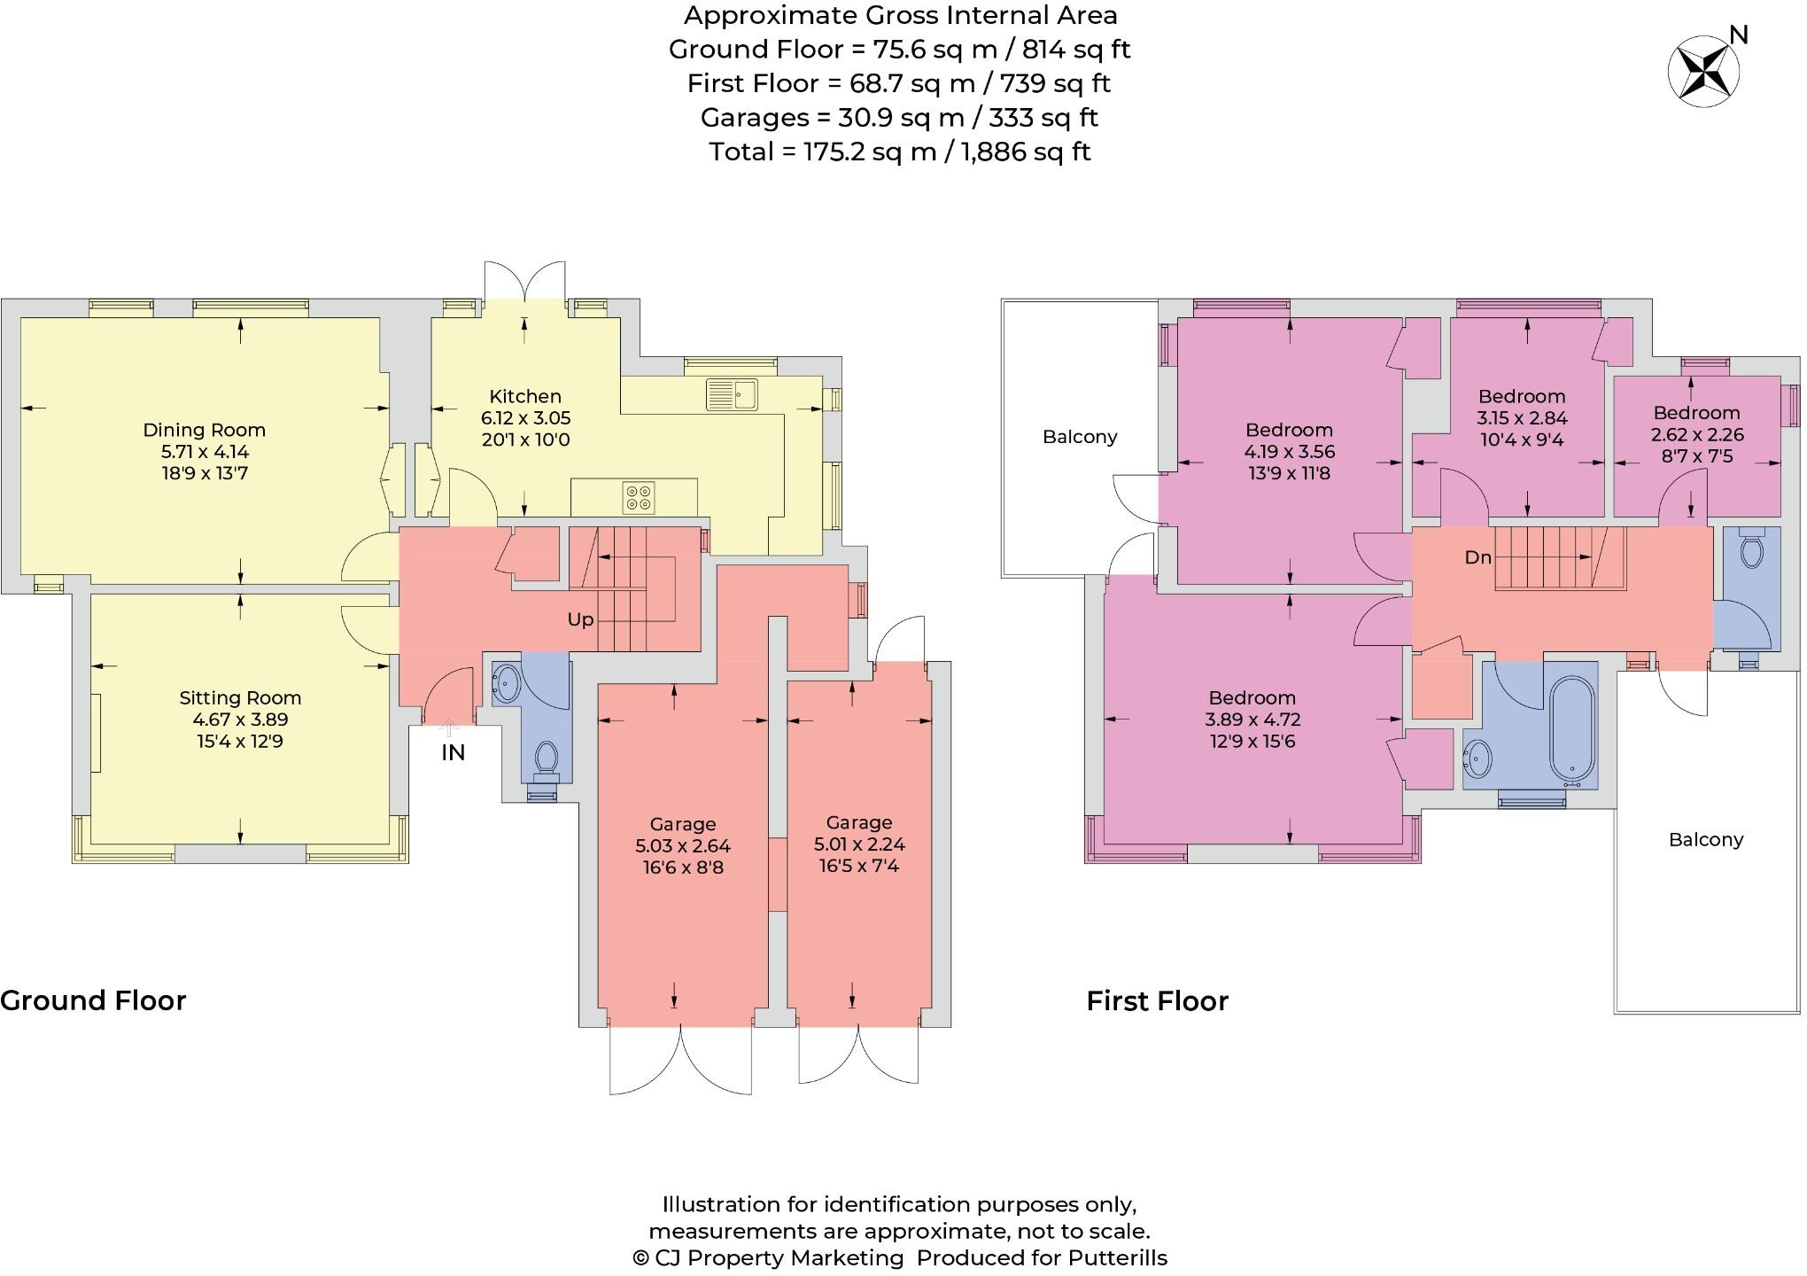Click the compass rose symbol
pyautogui.click(x=1702, y=72)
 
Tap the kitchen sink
pyautogui.click(x=732, y=394)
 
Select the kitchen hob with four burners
pyautogui.click(x=639, y=497)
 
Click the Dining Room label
pyautogui.click(x=204, y=431)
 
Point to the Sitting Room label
pyautogui.click(x=240, y=698)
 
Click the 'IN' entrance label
pyautogui.click(x=453, y=753)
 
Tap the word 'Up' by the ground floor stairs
pyautogui.click(x=580, y=620)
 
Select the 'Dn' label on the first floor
pyautogui.click(x=1477, y=558)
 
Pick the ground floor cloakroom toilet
pyautogui.click(x=547, y=759)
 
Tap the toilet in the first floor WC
pyautogui.click(x=1751, y=550)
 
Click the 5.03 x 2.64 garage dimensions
pyautogui.click(x=682, y=846)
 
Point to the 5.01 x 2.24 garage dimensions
pyautogui.click(x=859, y=844)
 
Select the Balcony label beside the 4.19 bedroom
pyautogui.click(x=1079, y=437)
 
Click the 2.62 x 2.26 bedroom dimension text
pyautogui.click(x=1696, y=435)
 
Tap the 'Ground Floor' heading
pyautogui.click(x=93, y=1000)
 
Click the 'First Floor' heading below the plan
pyautogui.click(x=1157, y=1001)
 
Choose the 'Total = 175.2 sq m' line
pyautogui.click(x=899, y=152)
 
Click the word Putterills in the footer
pyautogui.click(x=1117, y=1258)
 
